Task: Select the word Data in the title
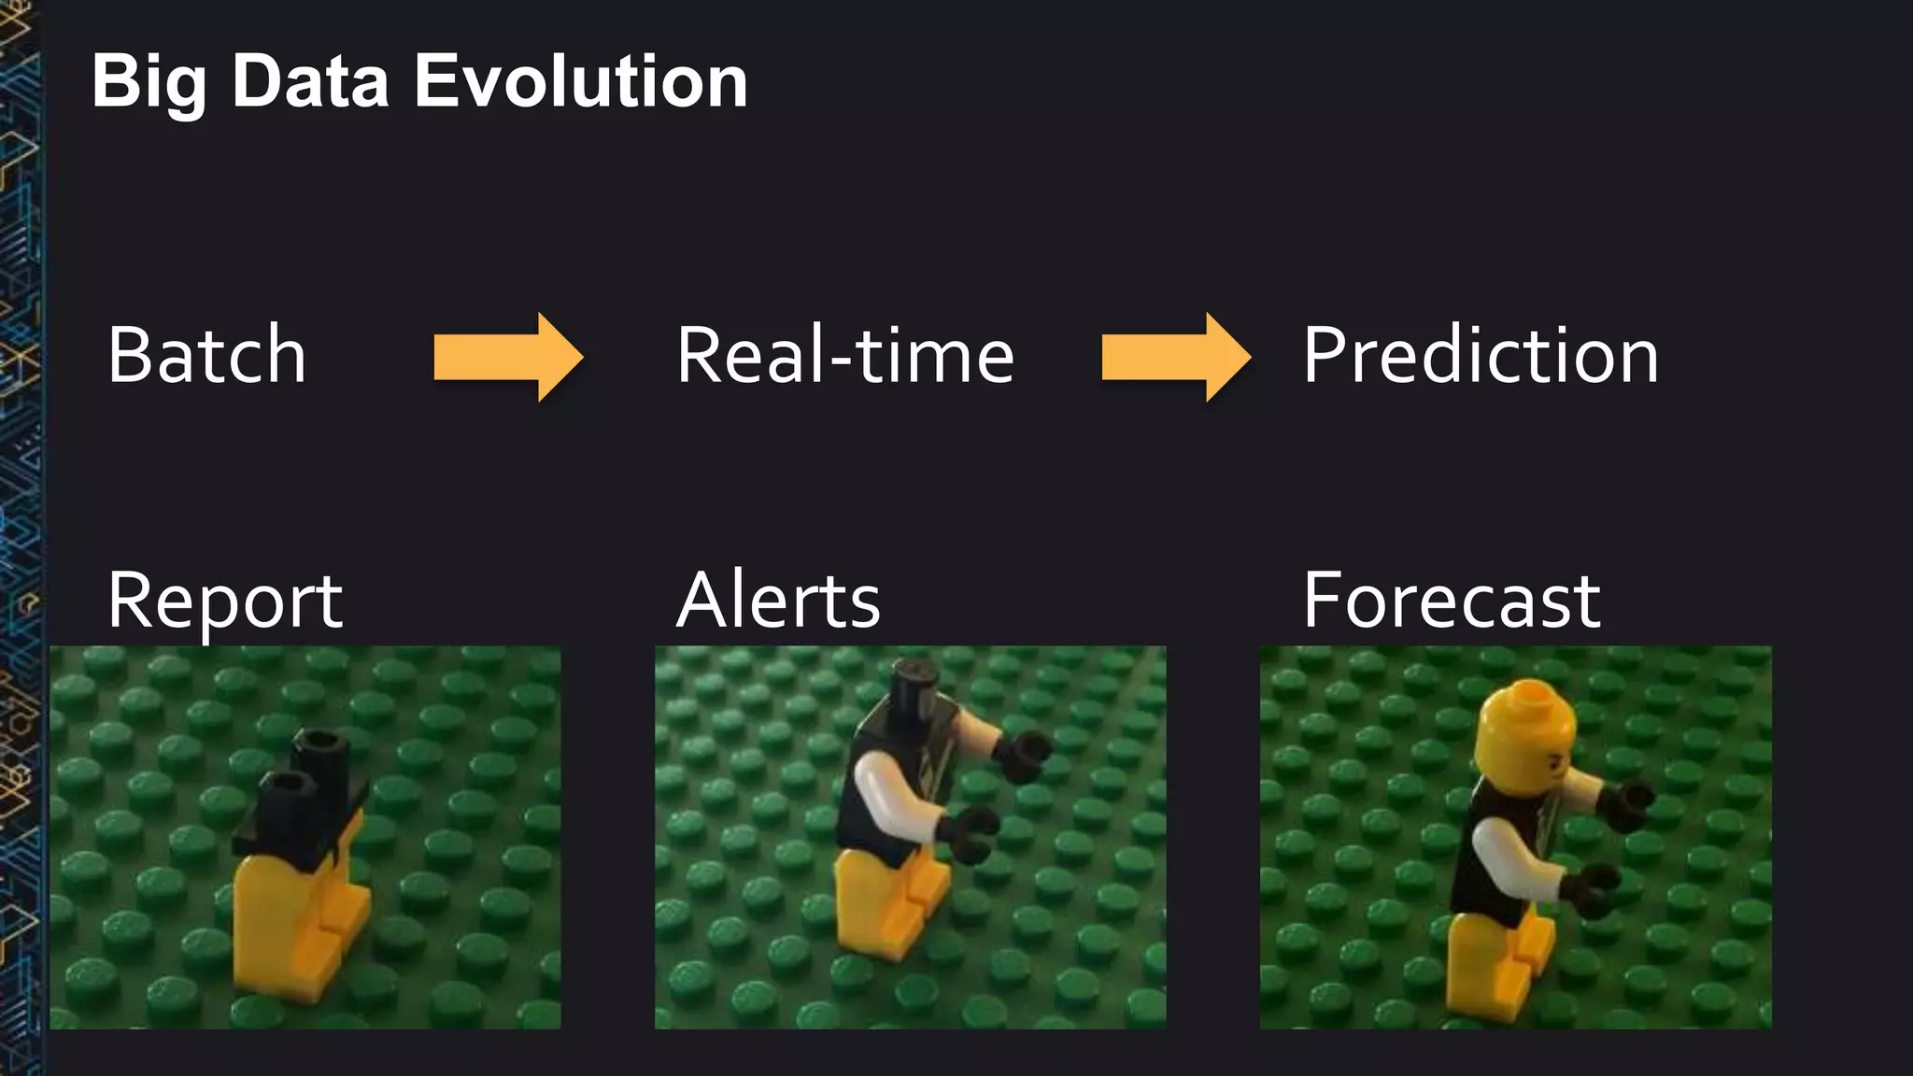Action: point(309,82)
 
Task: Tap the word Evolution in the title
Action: point(580,82)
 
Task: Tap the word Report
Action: point(225,601)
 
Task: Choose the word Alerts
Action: point(778,601)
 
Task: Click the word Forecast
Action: point(1452,601)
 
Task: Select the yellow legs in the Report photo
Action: point(290,925)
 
